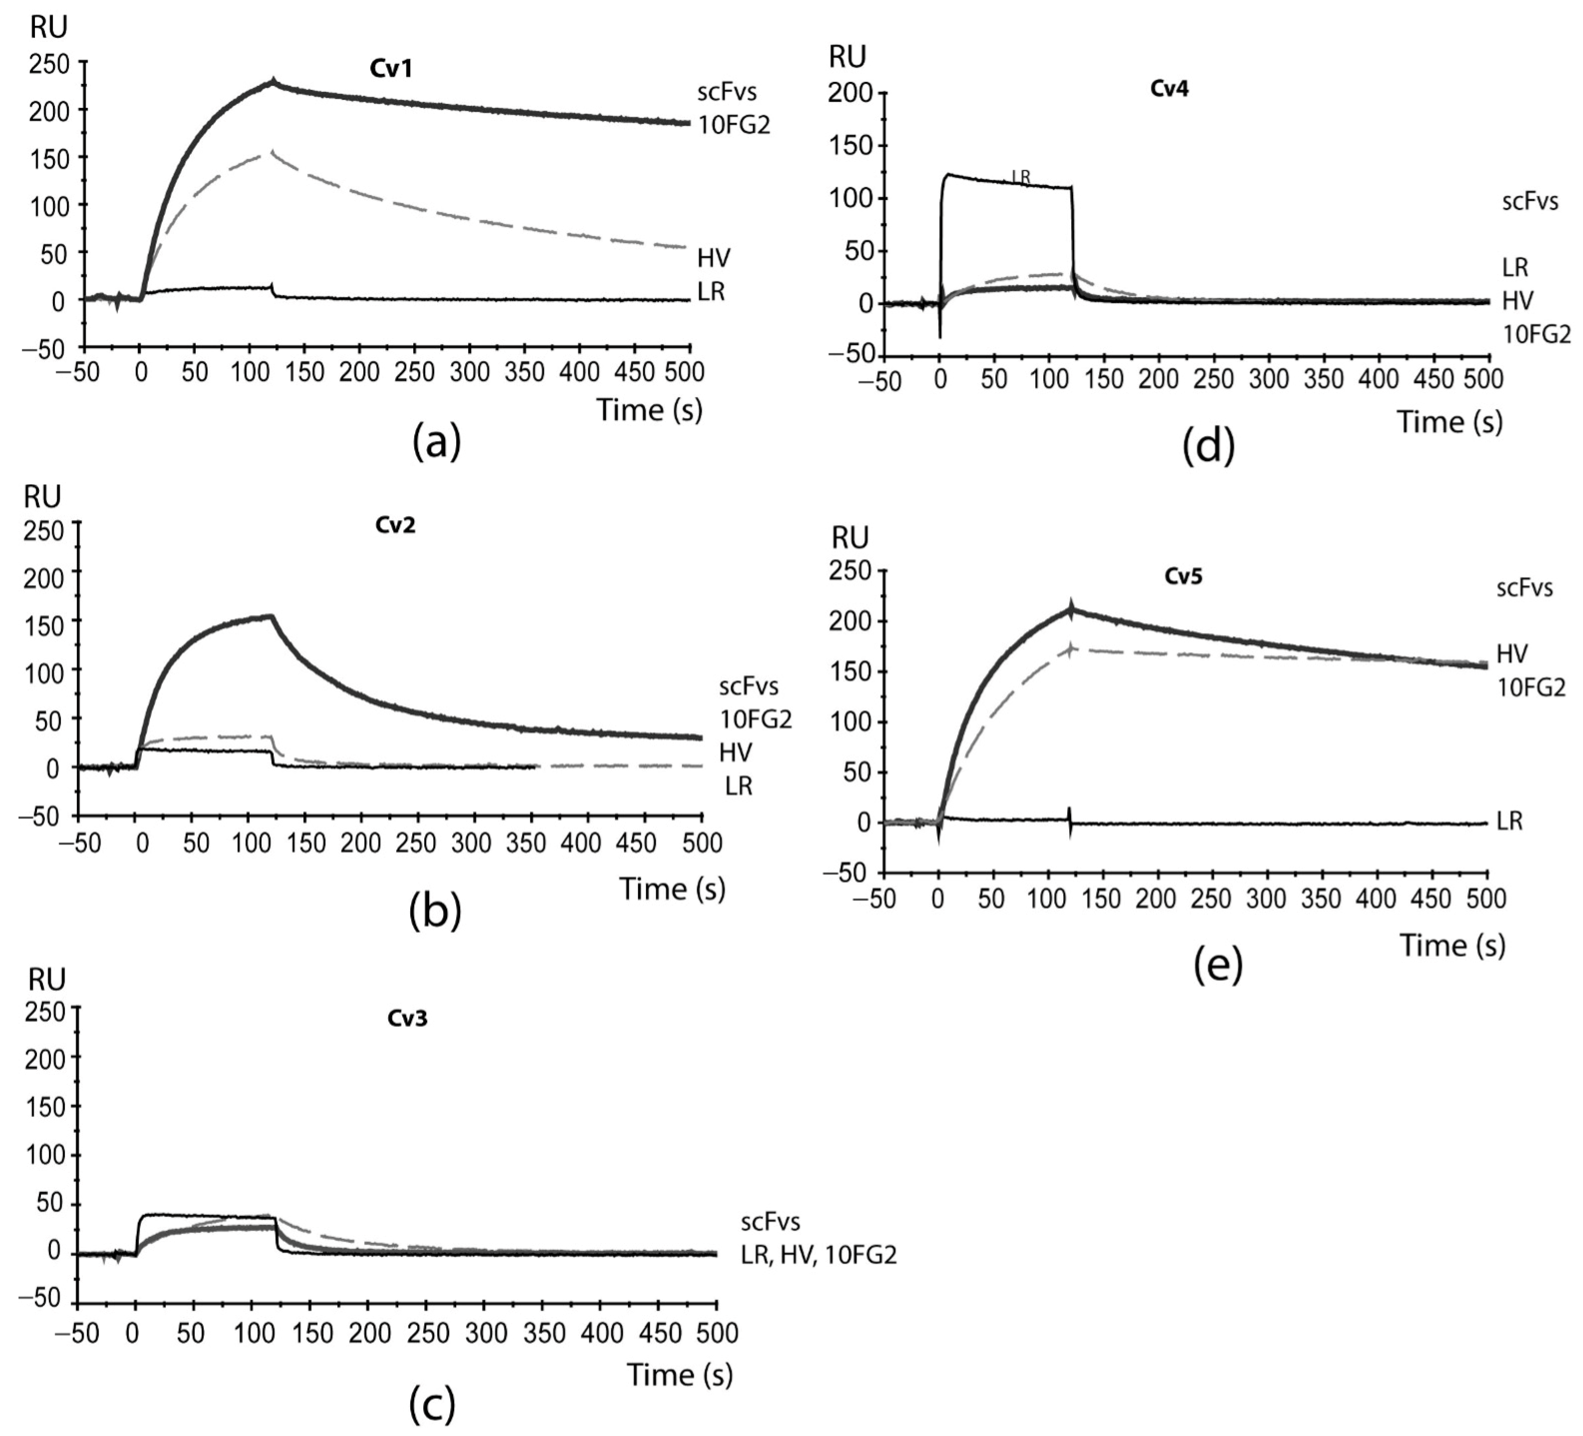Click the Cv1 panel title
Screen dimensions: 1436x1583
point(391,69)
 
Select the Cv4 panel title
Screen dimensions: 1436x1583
point(1169,89)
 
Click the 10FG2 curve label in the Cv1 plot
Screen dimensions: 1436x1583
point(734,126)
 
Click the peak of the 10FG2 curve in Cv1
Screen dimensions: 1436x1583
point(273,82)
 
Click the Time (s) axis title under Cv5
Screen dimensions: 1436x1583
point(1452,945)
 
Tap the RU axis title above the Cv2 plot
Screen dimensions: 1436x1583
point(43,497)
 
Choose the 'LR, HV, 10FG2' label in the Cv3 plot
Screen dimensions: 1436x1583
point(818,1255)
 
